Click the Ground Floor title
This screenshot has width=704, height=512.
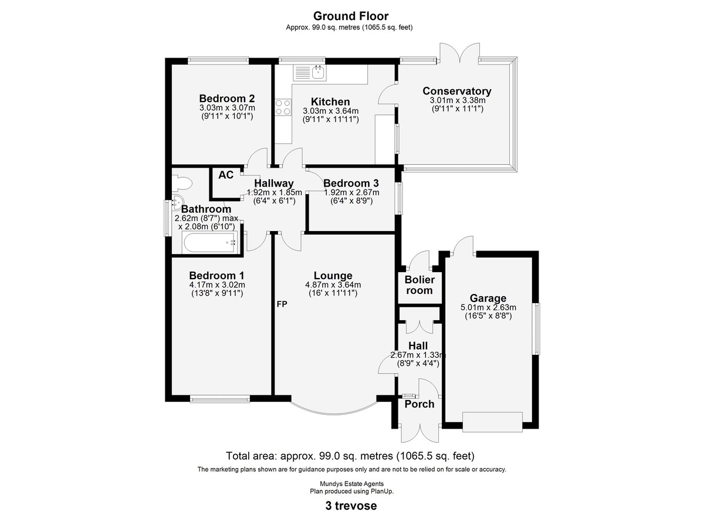click(x=351, y=16)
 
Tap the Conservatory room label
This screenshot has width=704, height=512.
click(x=456, y=91)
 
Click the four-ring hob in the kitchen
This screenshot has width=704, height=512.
click(x=283, y=107)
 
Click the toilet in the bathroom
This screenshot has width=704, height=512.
click(x=182, y=184)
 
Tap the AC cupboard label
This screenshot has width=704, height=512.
click(x=226, y=175)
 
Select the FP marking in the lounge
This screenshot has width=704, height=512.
click(x=282, y=304)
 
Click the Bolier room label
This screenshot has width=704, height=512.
click(x=419, y=285)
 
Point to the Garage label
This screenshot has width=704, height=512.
click(x=488, y=298)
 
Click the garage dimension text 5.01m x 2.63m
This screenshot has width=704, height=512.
click(x=488, y=308)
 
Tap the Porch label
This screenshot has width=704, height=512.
click(x=419, y=404)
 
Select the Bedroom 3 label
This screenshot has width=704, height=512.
click(x=351, y=183)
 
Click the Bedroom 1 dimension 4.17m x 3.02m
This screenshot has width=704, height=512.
click(x=217, y=285)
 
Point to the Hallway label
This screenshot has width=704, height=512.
click(x=274, y=184)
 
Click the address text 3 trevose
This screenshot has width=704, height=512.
click(x=351, y=506)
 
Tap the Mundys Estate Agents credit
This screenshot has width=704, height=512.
click(x=351, y=484)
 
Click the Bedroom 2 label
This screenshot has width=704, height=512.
click(x=227, y=99)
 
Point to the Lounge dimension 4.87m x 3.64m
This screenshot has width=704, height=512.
click(x=333, y=285)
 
